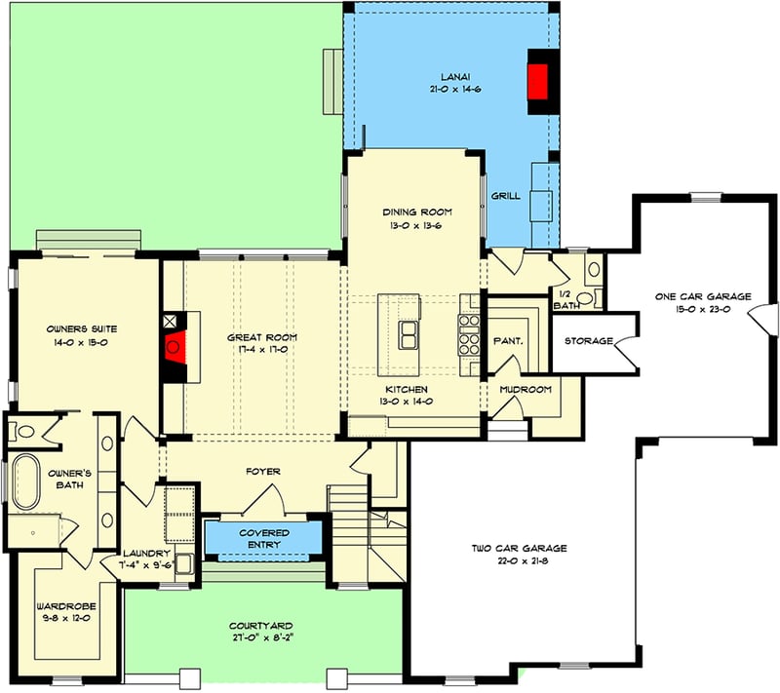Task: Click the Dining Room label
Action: (416, 212)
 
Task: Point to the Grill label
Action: (505, 196)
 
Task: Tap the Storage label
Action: (588, 341)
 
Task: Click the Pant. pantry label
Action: (509, 341)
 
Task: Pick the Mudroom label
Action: (526, 390)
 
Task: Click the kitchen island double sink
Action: (409, 334)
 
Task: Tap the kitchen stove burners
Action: (468, 333)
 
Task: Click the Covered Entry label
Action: (263, 538)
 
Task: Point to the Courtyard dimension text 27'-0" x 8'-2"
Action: (261, 638)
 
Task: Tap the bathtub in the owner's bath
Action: (24, 481)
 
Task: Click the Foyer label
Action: (262, 472)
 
